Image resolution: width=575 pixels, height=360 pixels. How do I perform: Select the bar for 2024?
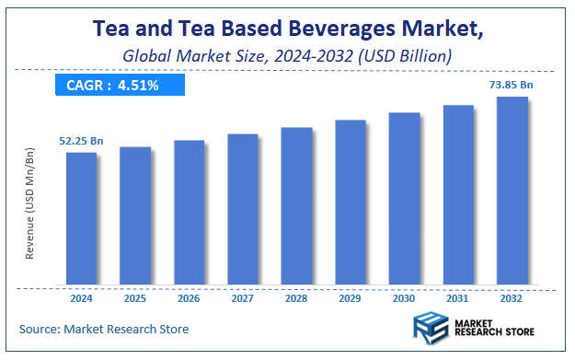[81, 218]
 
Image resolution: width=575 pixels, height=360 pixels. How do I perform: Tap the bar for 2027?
[243, 209]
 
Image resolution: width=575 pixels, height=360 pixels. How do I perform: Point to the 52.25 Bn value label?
[81, 140]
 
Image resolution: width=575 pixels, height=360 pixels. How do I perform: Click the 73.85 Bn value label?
[512, 84]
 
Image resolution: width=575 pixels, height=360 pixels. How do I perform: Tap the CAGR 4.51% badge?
[119, 86]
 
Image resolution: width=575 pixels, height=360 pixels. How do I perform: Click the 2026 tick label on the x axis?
[189, 299]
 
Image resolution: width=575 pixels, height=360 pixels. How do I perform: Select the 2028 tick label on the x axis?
[296, 299]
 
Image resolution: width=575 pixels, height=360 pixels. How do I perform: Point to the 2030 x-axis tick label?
[405, 299]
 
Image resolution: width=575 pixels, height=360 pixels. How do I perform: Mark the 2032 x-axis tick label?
[512, 299]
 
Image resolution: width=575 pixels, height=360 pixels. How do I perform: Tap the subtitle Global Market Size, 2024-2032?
[287, 56]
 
